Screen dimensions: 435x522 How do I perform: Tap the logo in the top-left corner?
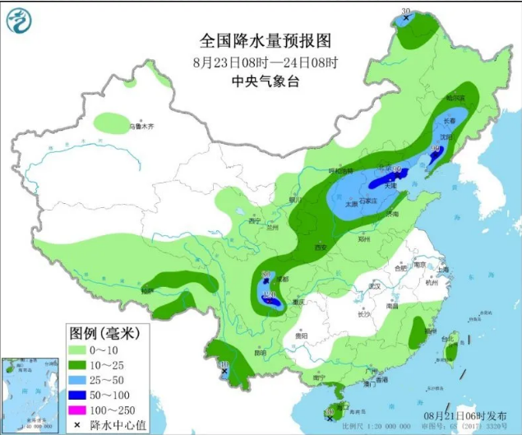point(20,20)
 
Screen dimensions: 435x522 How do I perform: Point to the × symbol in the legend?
point(77,424)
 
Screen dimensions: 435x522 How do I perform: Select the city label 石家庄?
point(365,201)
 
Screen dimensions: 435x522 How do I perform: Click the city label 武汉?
point(378,287)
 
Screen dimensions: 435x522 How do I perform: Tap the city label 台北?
point(448,338)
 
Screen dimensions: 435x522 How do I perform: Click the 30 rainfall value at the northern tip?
point(404,12)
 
